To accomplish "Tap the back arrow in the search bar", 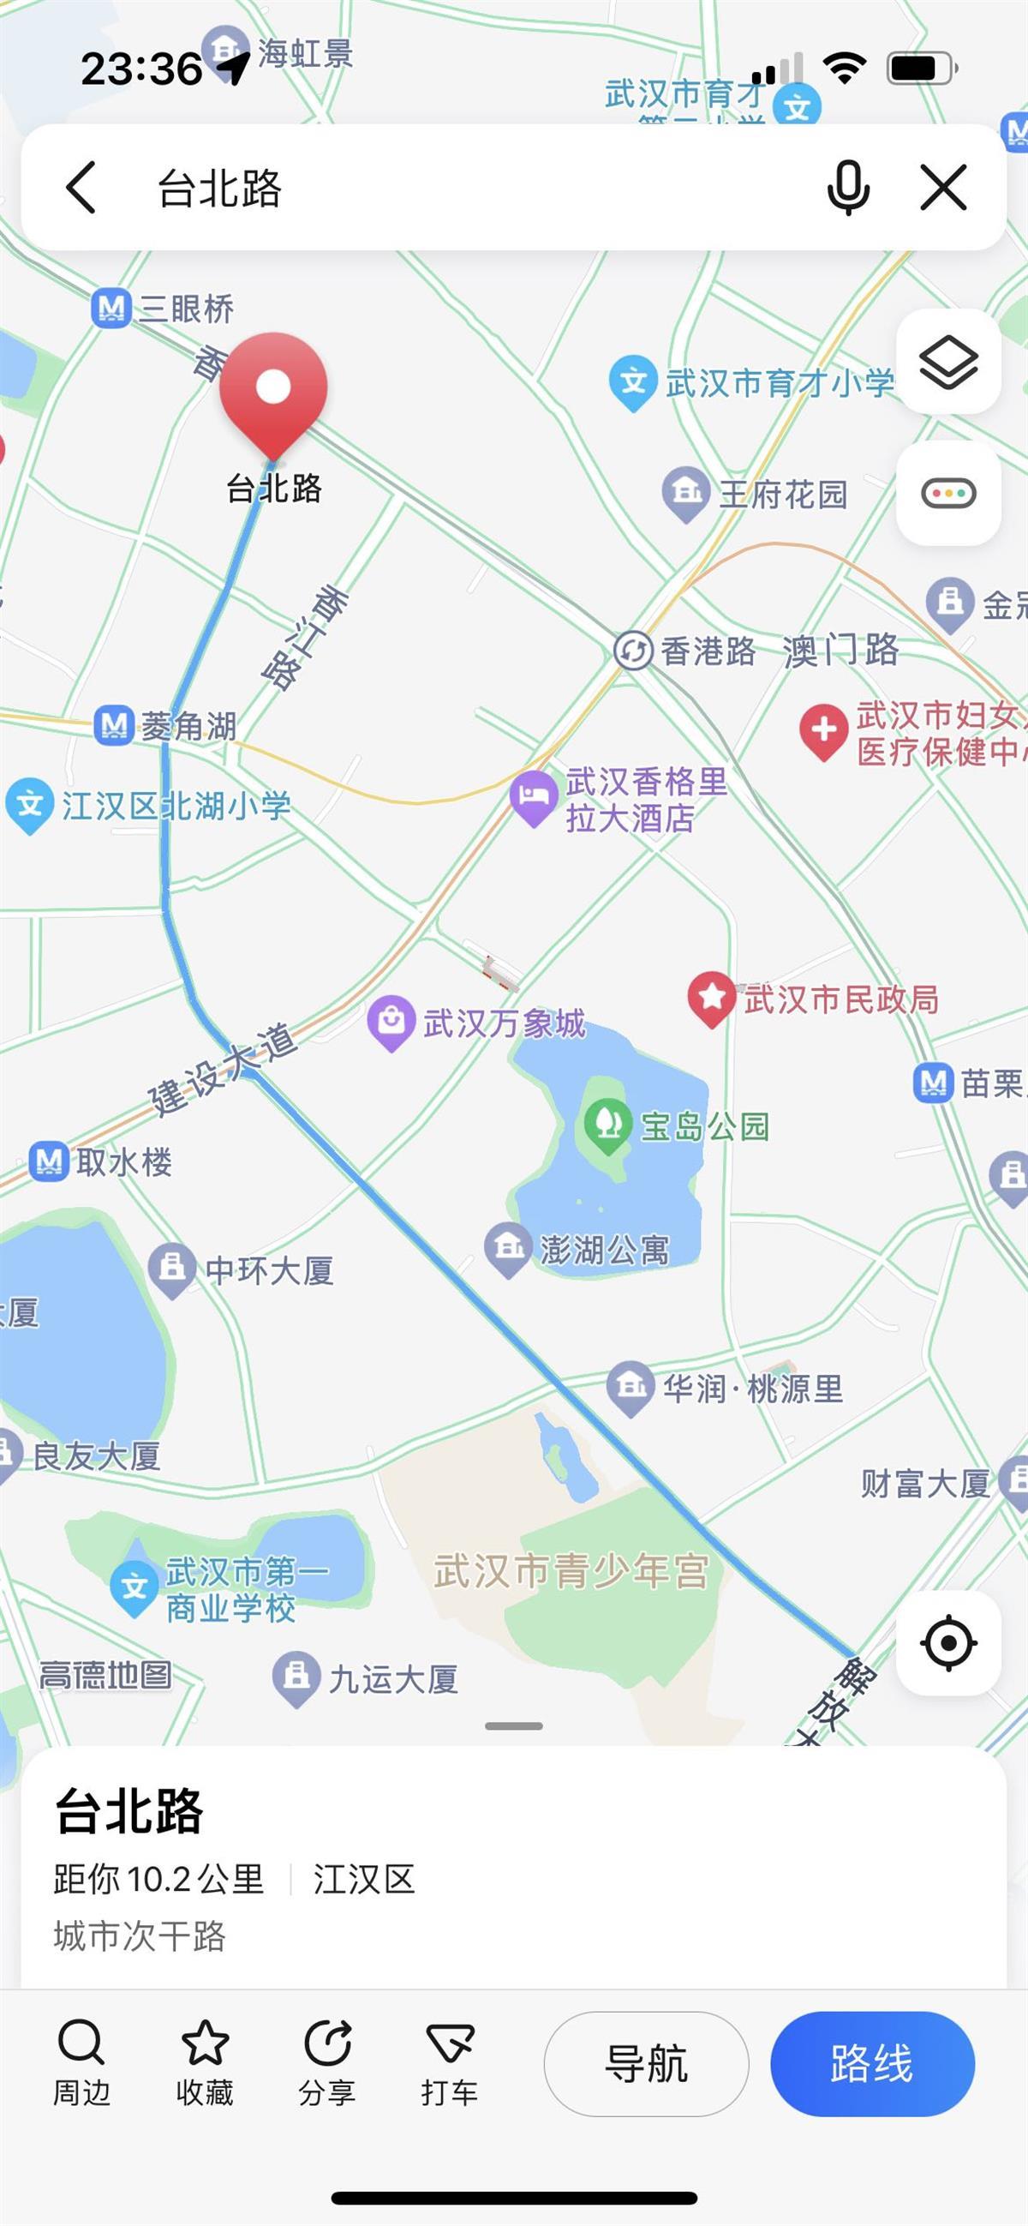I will pyautogui.click(x=81, y=187).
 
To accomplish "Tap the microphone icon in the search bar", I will pyautogui.click(x=847, y=187).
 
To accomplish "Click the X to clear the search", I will pyautogui.click(x=942, y=188).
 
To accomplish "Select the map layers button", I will pyautogui.click(x=947, y=361).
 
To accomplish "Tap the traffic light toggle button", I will pyautogui.click(x=947, y=494).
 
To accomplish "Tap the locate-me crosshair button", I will pyautogui.click(x=947, y=1641).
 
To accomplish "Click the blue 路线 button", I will pyautogui.click(x=871, y=2063).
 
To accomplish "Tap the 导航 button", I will pyautogui.click(x=645, y=2063).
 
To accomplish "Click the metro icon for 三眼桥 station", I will pyautogui.click(x=111, y=309).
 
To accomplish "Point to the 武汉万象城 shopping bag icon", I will pyautogui.click(x=391, y=1023).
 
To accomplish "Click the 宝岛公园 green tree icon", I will pyautogui.click(x=608, y=1124).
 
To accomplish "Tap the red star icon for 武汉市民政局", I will pyautogui.click(x=711, y=997).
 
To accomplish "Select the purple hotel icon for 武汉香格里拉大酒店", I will pyautogui.click(x=533, y=796).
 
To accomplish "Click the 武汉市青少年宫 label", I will pyautogui.click(x=571, y=1570).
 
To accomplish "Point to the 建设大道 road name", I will pyautogui.click(x=223, y=1069).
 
